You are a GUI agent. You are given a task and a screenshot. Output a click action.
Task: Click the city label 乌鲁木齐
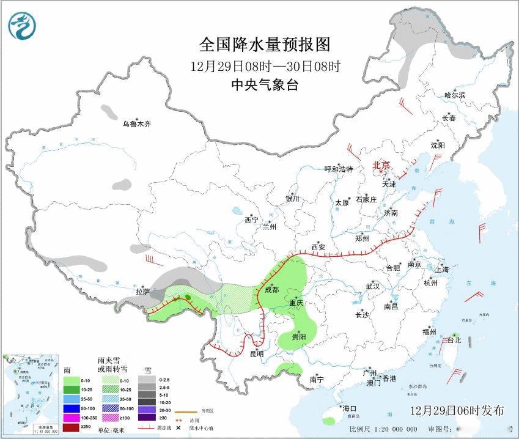[x=135, y=124]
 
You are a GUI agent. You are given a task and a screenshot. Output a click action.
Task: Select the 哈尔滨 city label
[x=455, y=95]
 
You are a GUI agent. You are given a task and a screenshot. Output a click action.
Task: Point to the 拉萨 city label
[x=142, y=292]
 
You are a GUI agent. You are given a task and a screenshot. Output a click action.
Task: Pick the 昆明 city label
[x=257, y=353]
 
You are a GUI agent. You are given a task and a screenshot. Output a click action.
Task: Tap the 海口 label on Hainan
[x=349, y=408]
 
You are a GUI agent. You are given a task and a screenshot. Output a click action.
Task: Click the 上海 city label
[x=441, y=269]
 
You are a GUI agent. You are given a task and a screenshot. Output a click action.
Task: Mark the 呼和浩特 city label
[x=339, y=169]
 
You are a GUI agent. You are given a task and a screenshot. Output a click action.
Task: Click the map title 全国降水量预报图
[x=265, y=45]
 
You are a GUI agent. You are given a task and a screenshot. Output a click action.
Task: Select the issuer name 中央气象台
[x=265, y=85]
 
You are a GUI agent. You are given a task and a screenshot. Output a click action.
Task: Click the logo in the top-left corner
[x=22, y=25]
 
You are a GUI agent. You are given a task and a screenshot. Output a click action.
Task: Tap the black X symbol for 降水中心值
[x=179, y=421]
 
